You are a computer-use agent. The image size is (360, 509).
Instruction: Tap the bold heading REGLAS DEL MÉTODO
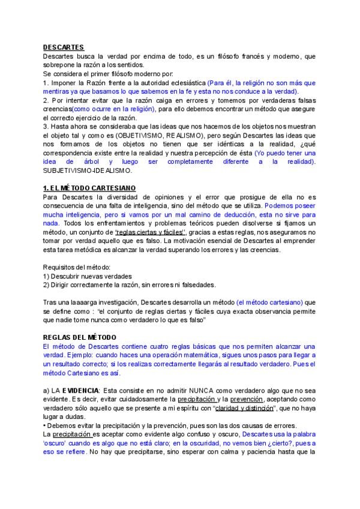click(80, 337)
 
